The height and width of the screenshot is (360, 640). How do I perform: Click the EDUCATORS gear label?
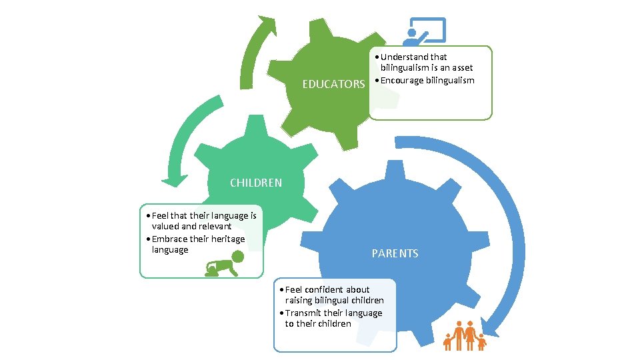pyautogui.click(x=333, y=85)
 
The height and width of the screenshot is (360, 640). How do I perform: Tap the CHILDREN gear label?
pyautogui.click(x=255, y=183)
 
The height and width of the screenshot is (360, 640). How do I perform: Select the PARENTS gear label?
pyautogui.click(x=395, y=253)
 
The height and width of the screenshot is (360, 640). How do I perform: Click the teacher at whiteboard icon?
pyautogui.click(x=424, y=31)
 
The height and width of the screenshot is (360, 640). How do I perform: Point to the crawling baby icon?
pyautogui.click(x=225, y=263)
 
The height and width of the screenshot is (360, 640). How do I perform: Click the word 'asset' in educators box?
pyautogui.click(x=460, y=68)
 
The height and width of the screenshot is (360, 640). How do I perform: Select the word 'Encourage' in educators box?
pyautogui.click(x=402, y=81)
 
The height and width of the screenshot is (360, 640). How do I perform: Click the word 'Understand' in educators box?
pyautogui.click(x=405, y=57)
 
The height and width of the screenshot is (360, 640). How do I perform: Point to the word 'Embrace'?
pyautogui.click(x=169, y=239)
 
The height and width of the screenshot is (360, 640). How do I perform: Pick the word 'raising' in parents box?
pyautogui.click(x=300, y=301)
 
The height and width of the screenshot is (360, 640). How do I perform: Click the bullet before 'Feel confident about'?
pyautogui.click(x=283, y=290)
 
